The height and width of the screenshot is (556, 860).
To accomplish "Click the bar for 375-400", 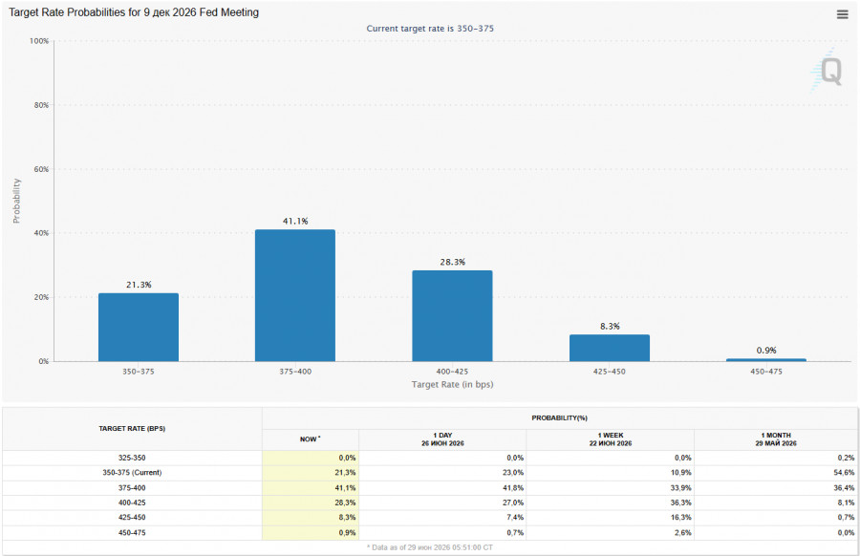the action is (295, 295).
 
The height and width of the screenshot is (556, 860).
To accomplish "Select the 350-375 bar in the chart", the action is (139, 327).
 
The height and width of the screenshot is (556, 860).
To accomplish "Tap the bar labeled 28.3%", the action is (452, 315).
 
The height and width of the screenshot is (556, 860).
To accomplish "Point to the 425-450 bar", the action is (610, 348).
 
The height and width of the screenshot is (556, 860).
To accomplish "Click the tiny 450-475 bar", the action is (766, 360).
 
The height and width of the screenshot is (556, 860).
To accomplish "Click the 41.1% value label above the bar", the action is (295, 221).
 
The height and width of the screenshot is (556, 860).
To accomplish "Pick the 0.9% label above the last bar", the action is (766, 350).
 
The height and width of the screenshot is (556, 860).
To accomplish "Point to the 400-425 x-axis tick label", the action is (452, 372).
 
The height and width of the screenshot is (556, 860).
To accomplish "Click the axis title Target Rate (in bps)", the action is (453, 384).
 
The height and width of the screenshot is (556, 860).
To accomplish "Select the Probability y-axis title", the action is (16, 201).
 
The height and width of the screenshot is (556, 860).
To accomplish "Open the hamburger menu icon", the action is (843, 14).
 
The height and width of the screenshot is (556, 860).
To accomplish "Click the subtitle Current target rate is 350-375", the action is (430, 29).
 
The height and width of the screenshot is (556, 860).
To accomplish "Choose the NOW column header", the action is (310, 438).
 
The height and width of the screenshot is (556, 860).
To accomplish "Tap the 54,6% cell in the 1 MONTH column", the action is (844, 472).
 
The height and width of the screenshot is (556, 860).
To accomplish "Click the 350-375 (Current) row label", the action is (132, 472).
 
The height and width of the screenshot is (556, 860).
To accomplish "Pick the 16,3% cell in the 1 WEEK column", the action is (680, 517).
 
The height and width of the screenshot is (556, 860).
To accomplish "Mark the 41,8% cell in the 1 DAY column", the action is (513, 487).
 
